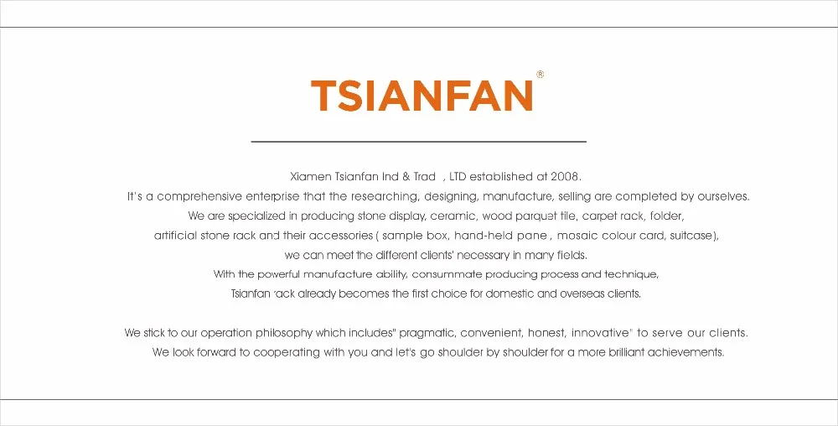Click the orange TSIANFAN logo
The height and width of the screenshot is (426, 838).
click(x=422, y=96)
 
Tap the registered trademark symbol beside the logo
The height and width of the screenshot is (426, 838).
click(x=541, y=75)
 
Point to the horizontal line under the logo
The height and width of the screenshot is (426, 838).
click(x=418, y=142)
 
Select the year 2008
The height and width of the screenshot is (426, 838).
click(x=565, y=176)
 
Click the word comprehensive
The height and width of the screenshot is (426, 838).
click(x=199, y=197)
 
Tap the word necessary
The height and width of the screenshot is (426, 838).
click(x=482, y=256)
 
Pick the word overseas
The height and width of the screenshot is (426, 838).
click(x=582, y=294)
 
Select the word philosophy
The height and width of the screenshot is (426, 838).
click(x=284, y=333)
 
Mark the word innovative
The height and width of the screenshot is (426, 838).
click(x=601, y=333)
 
